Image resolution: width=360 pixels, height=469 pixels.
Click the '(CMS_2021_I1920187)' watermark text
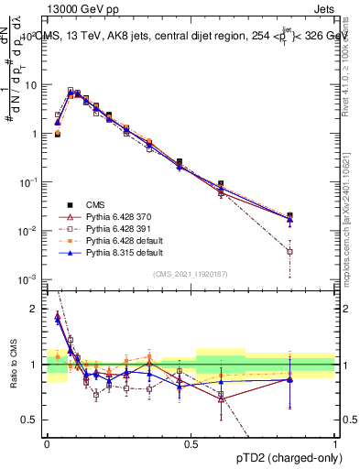coord(191,274)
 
